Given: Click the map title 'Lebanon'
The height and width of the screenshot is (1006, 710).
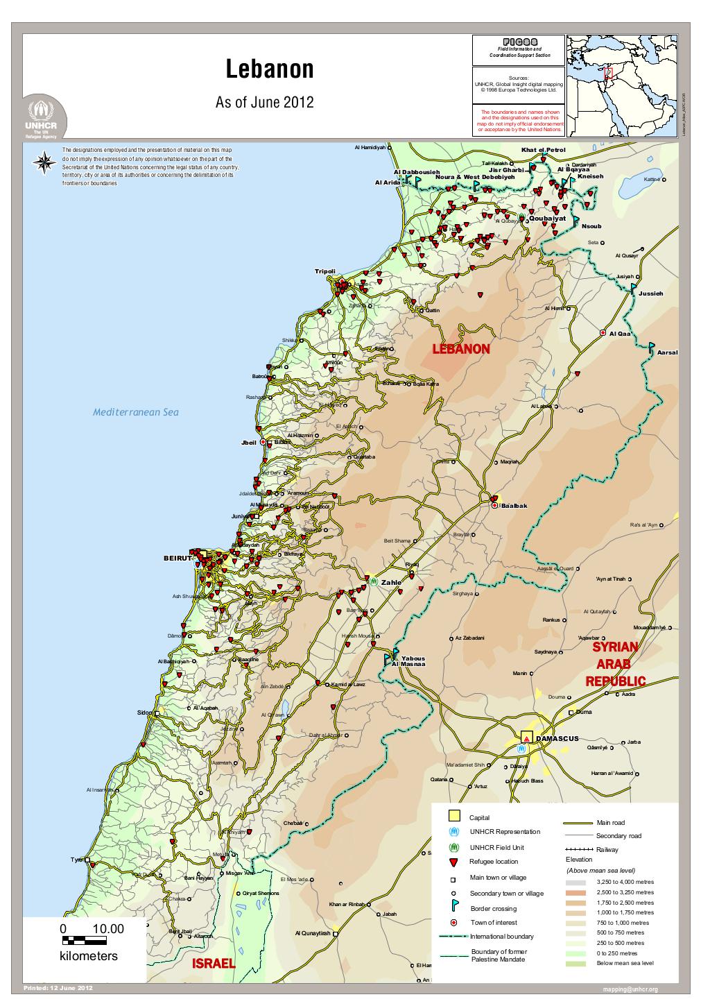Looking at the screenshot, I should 270,69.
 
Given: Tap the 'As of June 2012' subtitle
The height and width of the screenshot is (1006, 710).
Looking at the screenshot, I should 265,103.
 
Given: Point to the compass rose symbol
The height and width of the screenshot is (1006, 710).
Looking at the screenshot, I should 45,162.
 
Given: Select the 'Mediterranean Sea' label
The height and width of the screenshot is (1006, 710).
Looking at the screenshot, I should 136,412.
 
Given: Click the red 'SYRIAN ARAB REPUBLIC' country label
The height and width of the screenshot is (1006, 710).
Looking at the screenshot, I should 616,664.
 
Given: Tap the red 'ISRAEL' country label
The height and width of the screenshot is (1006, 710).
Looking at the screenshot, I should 214,964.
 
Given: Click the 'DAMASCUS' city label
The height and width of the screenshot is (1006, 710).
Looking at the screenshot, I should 557,739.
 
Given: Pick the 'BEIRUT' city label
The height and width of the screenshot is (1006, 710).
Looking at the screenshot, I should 177,558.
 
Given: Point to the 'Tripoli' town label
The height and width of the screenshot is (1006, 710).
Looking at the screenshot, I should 324,271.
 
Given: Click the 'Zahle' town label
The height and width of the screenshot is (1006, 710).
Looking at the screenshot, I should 391,582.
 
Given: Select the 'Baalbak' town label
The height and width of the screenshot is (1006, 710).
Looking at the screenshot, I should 514,506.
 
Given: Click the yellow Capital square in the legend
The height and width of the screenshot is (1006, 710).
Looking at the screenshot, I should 453,816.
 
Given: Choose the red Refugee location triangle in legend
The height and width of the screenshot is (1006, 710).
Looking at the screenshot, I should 453,862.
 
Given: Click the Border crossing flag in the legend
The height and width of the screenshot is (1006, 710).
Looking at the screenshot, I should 453,907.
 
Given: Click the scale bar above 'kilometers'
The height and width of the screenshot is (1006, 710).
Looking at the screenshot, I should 85,941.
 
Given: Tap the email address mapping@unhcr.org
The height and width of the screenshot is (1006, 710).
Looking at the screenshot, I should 630,989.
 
